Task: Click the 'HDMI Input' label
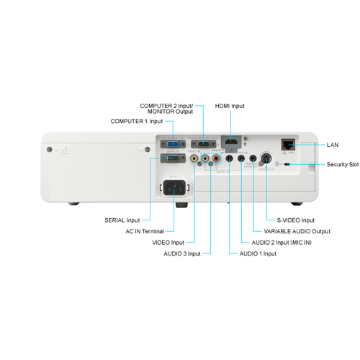pos(230,106)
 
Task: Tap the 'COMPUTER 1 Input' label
pos(137,121)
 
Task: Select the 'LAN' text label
pos(332,145)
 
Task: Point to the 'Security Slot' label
pos(342,165)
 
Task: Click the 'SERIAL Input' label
pos(122,220)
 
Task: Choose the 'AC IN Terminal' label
pos(144,231)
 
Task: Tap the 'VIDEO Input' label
pos(168,243)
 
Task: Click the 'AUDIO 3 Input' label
pos(181,253)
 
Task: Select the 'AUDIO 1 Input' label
pos(256,253)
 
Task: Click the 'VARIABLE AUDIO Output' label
pos(297,231)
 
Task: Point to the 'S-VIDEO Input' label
pos(296,220)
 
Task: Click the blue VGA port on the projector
pos(173,143)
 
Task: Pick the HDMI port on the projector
pos(231,143)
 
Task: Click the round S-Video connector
pos(266,159)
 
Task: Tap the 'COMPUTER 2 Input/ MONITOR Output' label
pos(166,109)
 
